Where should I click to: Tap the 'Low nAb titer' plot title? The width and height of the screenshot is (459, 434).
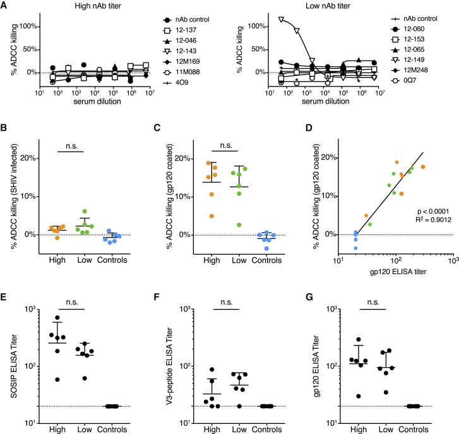[318, 6]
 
